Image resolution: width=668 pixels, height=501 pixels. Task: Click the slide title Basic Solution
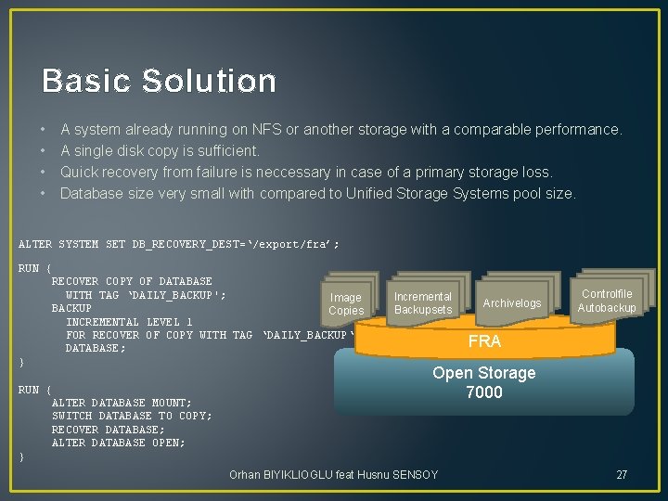tap(159, 81)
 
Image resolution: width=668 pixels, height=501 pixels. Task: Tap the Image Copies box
tap(346, 303)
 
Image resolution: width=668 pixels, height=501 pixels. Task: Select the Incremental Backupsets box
tap(423, 303)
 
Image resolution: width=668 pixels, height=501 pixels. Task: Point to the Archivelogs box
tap(511, 303)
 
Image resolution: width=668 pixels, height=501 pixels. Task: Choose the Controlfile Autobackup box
tap(607, 301)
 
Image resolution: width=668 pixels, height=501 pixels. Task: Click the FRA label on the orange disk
tap(484, 341)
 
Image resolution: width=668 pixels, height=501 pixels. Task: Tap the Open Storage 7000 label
tap(484, 382)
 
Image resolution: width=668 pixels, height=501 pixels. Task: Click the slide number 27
tap(622, 475)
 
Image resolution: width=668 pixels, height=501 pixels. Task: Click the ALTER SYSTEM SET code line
tap(179, 245)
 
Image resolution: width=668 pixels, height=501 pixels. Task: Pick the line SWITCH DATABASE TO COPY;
tap(132, 416)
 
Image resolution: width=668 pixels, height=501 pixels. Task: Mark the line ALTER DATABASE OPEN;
tap(118, 443)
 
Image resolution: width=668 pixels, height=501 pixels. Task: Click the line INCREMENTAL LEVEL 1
tap(129, 321)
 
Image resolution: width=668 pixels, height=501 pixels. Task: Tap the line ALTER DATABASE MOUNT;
tap(122, 403)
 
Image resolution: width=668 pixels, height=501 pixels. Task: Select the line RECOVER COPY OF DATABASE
tap(132, 281)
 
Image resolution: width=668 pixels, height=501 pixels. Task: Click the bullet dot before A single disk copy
tap(44, 151)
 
